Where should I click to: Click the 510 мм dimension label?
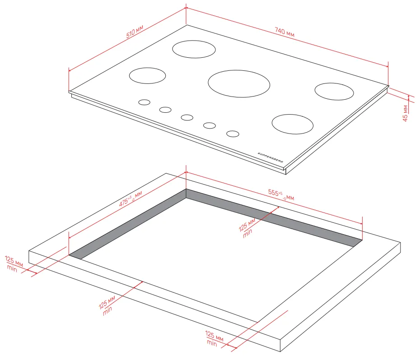(x=135, y=32)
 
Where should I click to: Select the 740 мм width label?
(x=285, y=32)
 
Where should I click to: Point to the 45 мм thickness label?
(x=405, y=113)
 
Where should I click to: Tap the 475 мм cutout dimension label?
(x=131, y=199)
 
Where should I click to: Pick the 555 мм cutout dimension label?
(x=281, y=194)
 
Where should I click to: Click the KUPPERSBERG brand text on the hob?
(x=270, y=157)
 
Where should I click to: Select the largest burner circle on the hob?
(x=239, y=84)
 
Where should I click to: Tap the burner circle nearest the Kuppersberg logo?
(x=293, y=124)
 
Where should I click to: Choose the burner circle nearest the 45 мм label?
(x=334, y=92)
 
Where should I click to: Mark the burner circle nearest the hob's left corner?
(x=147, y=75)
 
